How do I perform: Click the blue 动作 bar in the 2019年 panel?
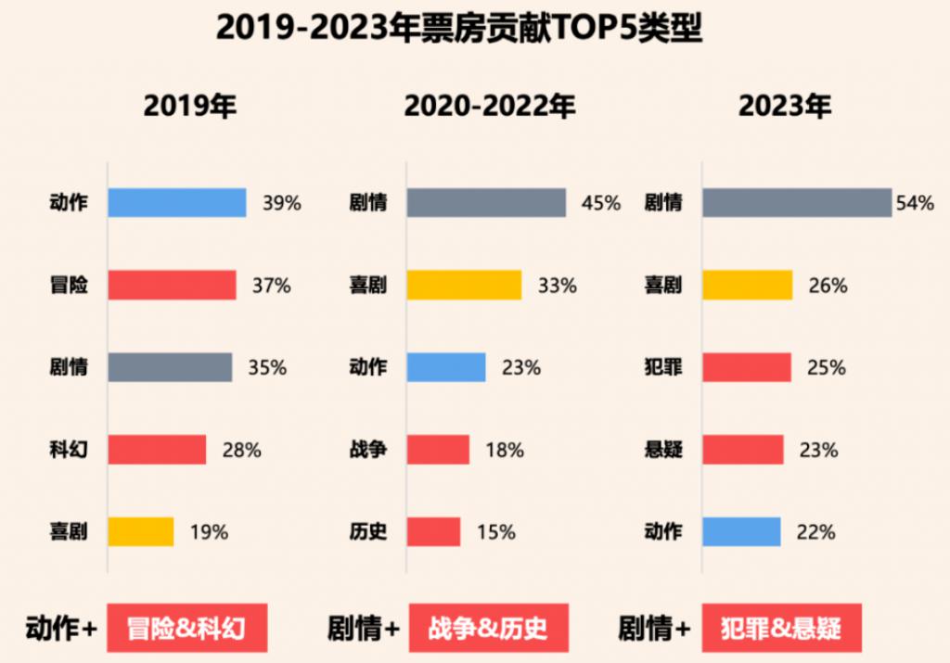176,203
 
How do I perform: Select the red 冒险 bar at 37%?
172,286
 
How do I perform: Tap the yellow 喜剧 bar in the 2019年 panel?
140,532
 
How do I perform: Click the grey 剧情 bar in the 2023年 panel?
796,203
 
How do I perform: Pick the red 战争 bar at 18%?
437,450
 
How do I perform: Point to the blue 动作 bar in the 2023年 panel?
740,532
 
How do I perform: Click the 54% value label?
915,204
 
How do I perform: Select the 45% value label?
600,204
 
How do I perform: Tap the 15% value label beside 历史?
496,532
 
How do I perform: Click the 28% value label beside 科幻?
241,451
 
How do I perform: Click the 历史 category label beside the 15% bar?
368,532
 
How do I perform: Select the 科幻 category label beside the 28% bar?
69,451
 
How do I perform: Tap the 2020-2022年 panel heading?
490,107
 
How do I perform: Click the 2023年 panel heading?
785,107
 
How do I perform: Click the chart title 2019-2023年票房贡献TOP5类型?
459,29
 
